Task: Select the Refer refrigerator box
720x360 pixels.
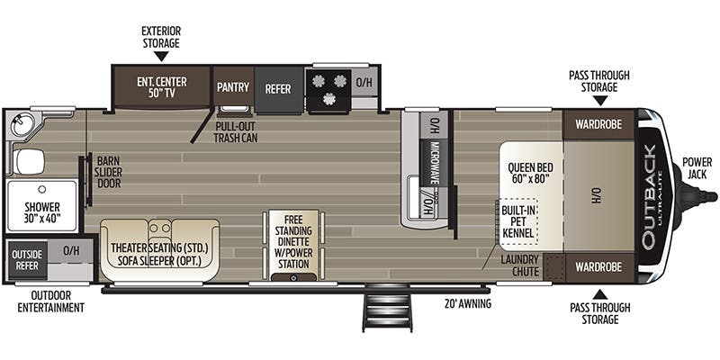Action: tap(278, 89)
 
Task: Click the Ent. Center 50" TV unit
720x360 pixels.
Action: tap(161, 85)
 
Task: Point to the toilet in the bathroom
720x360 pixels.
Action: tap(30, 162)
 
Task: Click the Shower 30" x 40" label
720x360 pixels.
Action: tap(42, 211)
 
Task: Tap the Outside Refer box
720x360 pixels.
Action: tap(26, 259)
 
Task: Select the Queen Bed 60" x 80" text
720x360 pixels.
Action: tap(530, 173)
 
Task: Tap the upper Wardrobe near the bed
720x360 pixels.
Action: tap(598, 124)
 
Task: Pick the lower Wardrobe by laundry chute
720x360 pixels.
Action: tap(598, 266)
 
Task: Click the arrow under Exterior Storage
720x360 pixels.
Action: tap(161, 56)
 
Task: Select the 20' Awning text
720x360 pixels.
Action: tap(468, 303)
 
